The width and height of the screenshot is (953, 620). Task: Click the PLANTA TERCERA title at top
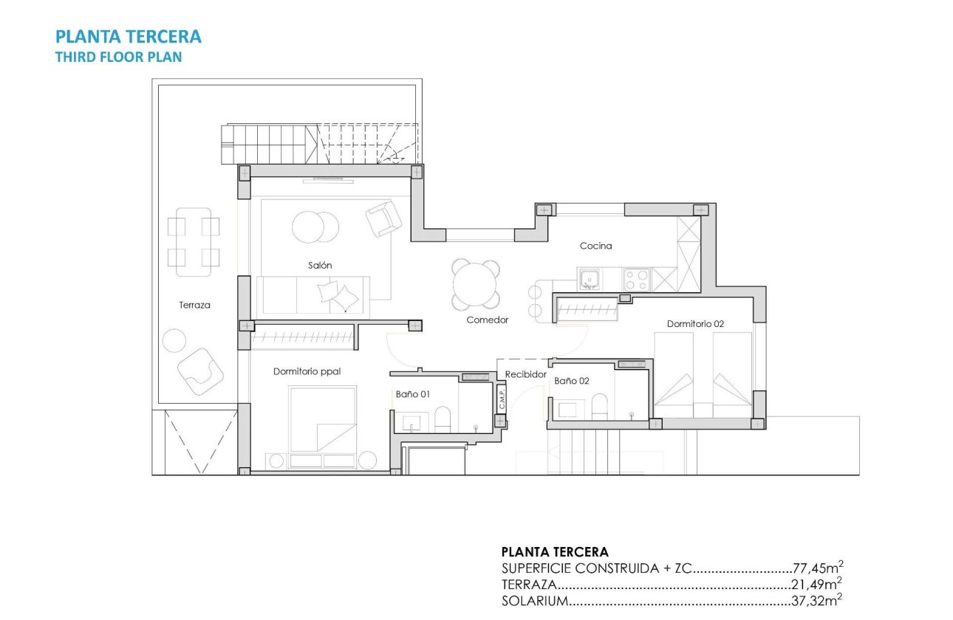click(x=129, y=36)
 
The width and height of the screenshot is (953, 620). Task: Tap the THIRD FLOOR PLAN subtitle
click(x=118, y=57)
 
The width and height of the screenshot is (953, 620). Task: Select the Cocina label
click(x=595, y=246)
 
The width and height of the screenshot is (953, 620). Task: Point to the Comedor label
click(x=488, y=320)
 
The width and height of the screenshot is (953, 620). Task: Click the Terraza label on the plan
click(x=195, y=305)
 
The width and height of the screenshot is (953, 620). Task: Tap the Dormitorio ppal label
click(x=307, y=371)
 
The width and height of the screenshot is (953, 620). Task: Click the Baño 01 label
click(x=412, y=395)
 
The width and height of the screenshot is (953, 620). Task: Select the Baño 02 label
click(x=572, y=381)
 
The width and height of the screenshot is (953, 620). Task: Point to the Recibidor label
click(x=525, y=375)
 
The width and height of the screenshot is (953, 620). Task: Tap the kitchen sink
click(x=589, y=279)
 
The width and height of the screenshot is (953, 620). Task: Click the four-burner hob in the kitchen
click(x=637, y=280)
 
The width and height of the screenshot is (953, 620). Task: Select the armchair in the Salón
click(x=383, y=218)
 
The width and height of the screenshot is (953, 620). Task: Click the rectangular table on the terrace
click(x=194, y=241)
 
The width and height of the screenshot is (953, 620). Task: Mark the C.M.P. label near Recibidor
click(x=502, y=399)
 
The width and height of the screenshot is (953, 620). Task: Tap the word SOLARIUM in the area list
click(x=533, y=601)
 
